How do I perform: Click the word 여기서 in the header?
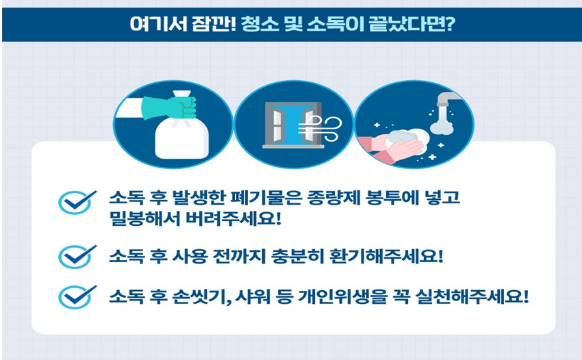(153, 25)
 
